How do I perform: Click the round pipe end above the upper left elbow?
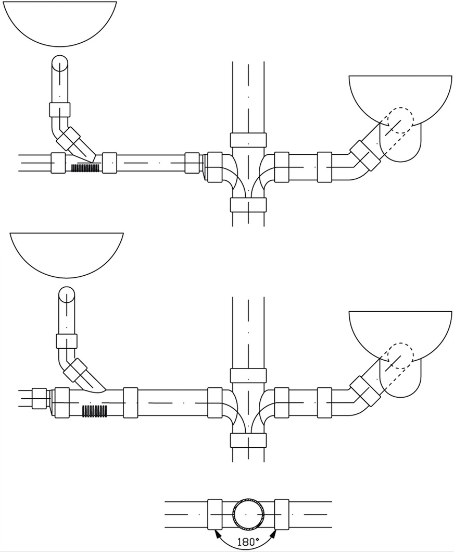coord(59,62)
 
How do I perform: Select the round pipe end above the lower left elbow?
coord(66,295)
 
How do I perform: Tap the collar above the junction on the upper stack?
coord(248,140)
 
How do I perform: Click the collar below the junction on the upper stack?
coord(248,204)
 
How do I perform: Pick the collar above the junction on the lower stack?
coord(248,375)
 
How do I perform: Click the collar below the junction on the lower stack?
coord(248,440)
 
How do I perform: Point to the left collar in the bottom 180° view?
coord(215,514)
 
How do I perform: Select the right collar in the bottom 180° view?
coord(282,514)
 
